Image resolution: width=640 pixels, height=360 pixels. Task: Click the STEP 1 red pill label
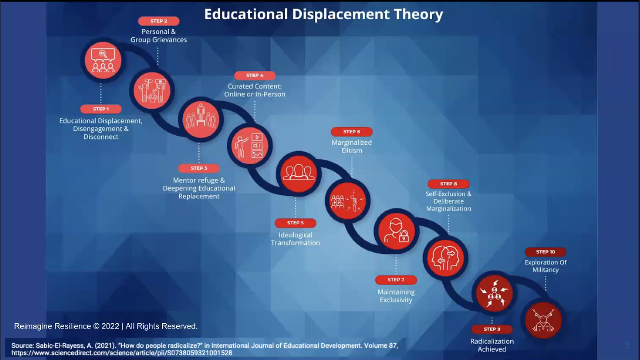point(101,109)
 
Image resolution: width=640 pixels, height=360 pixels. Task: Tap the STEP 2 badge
point(159,21)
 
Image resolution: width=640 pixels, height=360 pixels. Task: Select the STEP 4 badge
point(255,75)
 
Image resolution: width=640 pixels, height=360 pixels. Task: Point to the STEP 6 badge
point(352,132)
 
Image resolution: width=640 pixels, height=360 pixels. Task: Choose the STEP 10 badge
point(545,252)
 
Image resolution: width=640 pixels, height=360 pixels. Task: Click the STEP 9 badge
point(492,329)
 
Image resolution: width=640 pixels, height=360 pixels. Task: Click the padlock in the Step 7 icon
point(403,236)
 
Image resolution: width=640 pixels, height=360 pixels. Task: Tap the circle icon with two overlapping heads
point(446,258)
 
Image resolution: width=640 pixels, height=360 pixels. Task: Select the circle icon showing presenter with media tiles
point(250,146)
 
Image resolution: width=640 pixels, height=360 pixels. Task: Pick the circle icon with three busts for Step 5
point(299,174)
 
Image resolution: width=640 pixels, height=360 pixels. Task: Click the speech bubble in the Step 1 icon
point(103,55)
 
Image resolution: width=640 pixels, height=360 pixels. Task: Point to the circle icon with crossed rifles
point(543,320)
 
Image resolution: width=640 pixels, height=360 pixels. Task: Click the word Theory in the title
point(418,14)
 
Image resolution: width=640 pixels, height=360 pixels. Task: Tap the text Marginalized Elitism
point(352,146)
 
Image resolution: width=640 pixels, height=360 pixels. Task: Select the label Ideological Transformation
point(296,239)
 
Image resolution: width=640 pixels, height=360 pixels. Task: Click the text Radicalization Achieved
point(492,345)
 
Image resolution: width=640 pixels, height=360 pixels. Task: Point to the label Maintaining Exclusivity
point(396,296)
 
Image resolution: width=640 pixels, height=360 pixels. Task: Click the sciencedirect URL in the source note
point(122,353)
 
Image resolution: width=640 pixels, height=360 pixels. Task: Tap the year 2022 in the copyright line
point(110,326)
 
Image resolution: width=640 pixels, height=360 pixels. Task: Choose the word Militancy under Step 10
point(545,270)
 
